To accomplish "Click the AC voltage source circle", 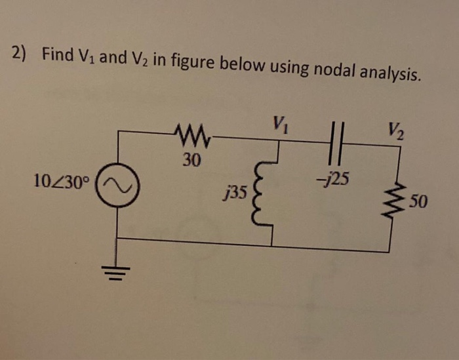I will click(x=118, y=187).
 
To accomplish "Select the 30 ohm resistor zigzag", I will click(x=188, y=136).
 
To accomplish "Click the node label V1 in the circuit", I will click(x=280, y=122).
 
